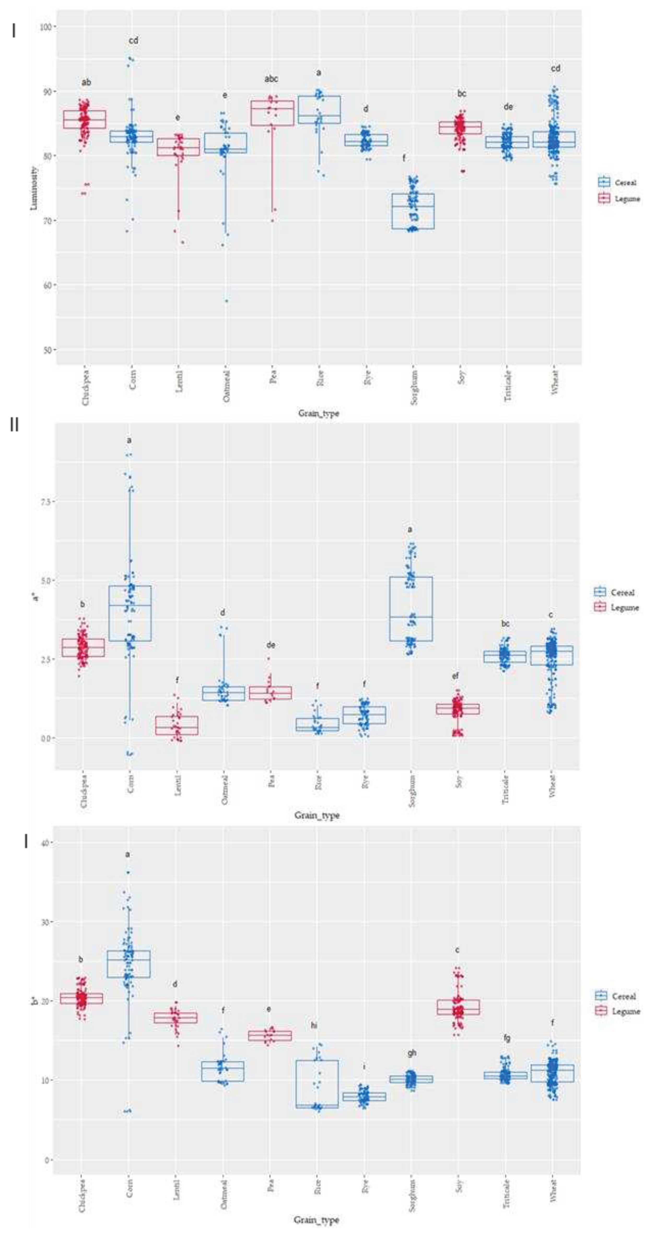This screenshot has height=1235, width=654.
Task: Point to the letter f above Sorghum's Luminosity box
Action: point(404,158)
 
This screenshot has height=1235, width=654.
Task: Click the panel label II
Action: point(14,425)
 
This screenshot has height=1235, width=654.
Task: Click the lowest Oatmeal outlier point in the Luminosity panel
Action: point(226,301)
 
